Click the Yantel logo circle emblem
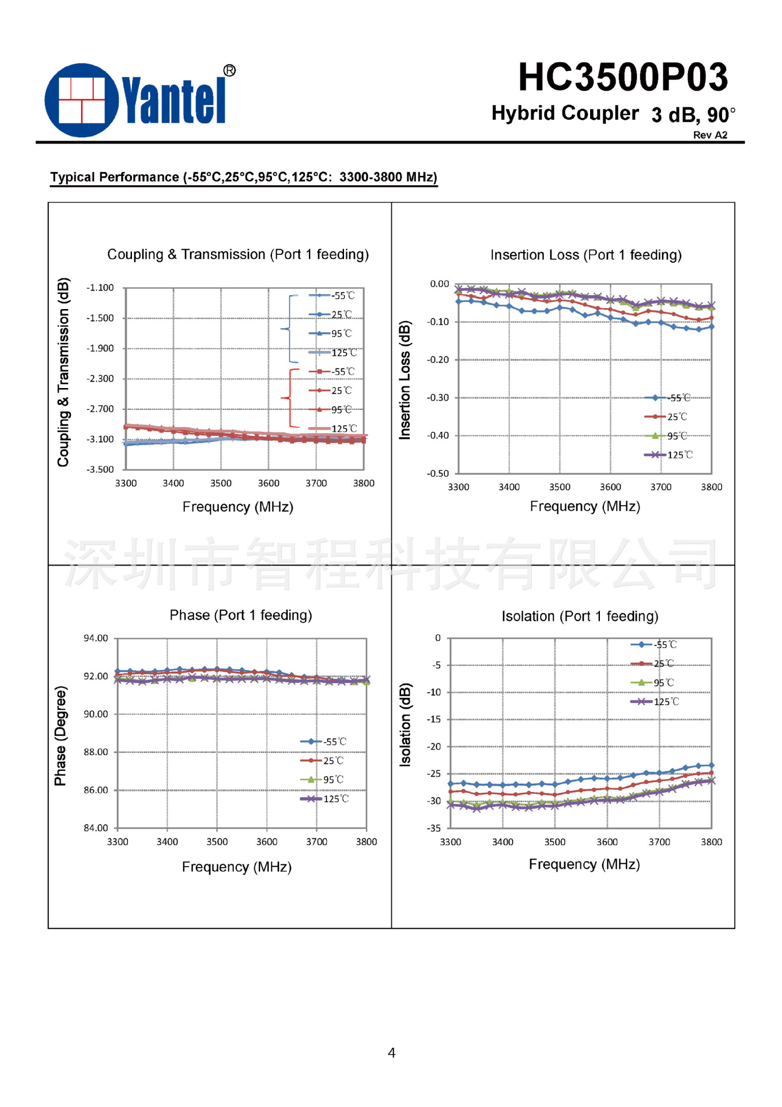pos(82,100)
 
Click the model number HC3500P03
pos(622,77)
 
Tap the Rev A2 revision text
pos(709,135)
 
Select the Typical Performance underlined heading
pos(243,177)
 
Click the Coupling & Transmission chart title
pos(237,254)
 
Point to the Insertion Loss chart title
pos(585,255)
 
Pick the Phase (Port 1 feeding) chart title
pos(240,615)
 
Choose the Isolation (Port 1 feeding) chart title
pos(580,616)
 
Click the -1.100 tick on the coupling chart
pos(100,288)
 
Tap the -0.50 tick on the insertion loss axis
pos(437,473)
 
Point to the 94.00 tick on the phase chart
pos(96,638)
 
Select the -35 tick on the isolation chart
pos(433,829)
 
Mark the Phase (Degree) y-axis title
pos(61,736)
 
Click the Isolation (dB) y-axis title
pos(405,725)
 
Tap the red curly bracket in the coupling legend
pos(288,398)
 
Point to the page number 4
pos(391,1053)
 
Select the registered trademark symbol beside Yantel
pos(229,70)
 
